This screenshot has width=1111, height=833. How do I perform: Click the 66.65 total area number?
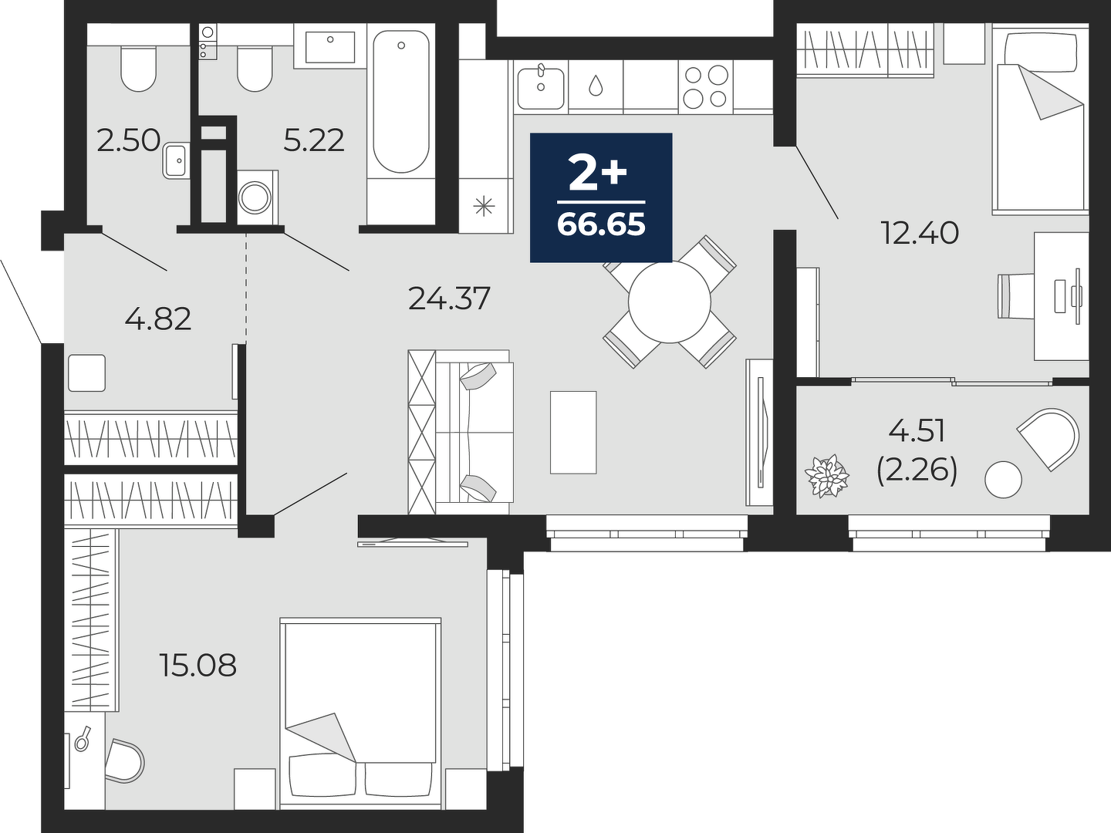point(601,224)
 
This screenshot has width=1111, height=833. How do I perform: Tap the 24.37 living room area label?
point(449,298)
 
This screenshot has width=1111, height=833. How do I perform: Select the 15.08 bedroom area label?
point(198,665)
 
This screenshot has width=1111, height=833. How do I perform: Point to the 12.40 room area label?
point(920,233)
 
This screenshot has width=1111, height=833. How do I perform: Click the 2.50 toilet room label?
point(129,140)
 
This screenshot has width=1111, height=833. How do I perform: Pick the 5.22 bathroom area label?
point(314,140)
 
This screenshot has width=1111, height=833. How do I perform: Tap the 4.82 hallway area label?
point(158,319)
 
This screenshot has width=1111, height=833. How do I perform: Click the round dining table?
point(669,302)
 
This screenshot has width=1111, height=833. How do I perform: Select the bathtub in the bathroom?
point(401,101)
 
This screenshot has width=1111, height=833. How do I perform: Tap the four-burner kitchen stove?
point(706,86)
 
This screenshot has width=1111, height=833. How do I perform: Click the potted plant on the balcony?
point(826,476)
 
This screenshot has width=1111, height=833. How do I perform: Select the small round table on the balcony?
point(1003,480)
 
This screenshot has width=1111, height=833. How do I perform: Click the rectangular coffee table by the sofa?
point(573,433)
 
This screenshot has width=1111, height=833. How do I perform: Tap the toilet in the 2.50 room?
point(137,69)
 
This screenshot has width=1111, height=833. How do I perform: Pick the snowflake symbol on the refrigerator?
point(484,207)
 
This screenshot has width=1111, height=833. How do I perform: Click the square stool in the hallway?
point(86,373)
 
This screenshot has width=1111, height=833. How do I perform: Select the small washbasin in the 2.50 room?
point(176,161)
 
